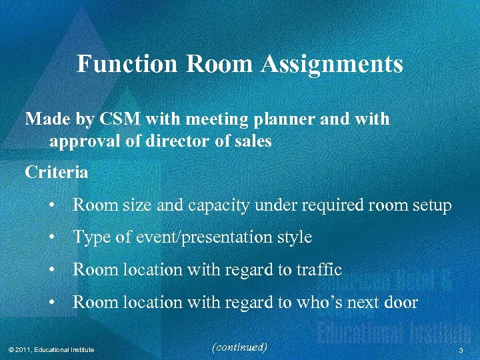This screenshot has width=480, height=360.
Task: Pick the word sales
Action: click(251, 142)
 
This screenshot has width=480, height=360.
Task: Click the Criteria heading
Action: click(57, 173)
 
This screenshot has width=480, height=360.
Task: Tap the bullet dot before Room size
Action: click(51, 205)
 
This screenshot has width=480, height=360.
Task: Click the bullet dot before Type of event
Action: click(51, 237)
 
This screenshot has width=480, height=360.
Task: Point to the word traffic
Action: click(319, 270)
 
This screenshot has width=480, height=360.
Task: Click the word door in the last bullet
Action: click(399, 303)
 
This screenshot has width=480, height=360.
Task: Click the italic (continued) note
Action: click(238, 347)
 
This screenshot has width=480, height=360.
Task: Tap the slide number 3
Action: click(461, 350)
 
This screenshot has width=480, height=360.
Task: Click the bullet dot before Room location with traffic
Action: click(51, 270)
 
